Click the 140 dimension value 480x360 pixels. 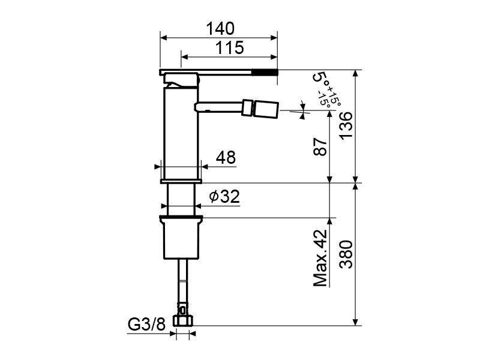[x=220, y=28]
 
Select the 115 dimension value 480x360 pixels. [x=230, y=48]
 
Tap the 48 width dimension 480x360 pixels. [x=226, y=157]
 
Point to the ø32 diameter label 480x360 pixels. [x=224, y=196]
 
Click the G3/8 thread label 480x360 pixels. [x=146, y=324]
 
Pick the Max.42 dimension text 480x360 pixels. [x=320, y=258]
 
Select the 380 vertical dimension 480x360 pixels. [x=346, y=254]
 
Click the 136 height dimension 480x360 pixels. [x=346, y=125]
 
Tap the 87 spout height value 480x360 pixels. [x=320, y=146]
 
